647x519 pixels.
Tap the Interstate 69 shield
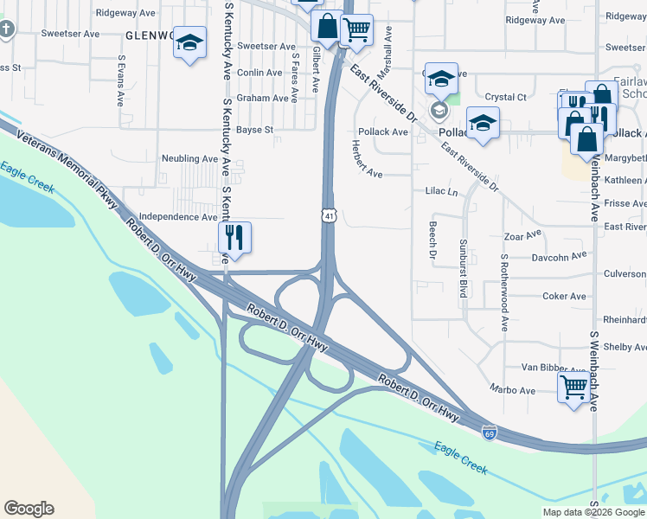tap(489, 430)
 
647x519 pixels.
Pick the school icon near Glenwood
tap(189, 43)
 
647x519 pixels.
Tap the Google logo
tap(29, 509)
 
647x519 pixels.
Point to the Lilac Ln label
tap(441, 191)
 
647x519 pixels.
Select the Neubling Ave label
tap(189, 159)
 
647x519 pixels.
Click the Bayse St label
tap(255, 131)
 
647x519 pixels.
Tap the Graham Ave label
tap(262, 99)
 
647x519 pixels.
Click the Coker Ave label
tap(564, 296)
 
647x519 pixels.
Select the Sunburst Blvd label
tap(464, 268)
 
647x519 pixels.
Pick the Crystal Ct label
tap(506, 98)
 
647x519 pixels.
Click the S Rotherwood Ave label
tap(503, 292)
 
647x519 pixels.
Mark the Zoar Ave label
tap(522, 234)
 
